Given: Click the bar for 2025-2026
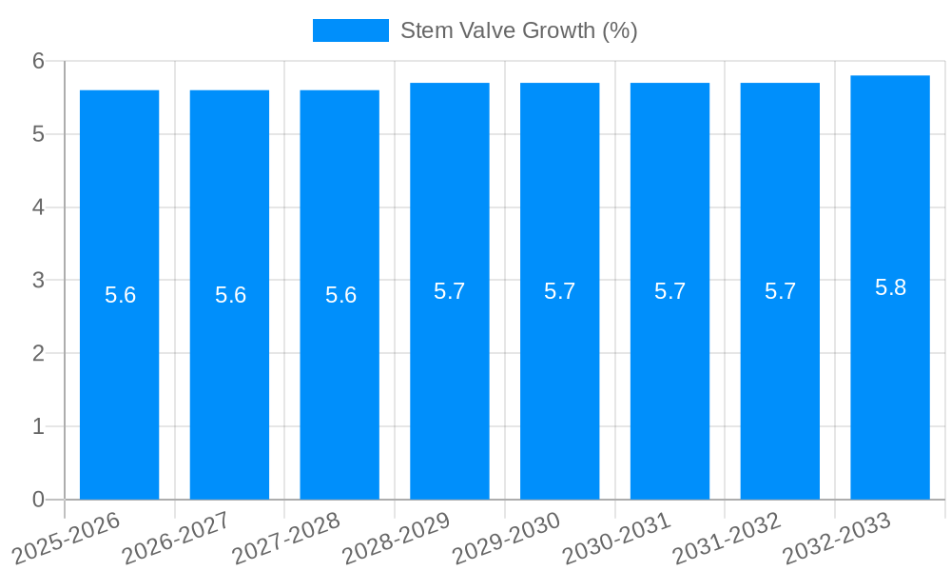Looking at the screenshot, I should (119, 381).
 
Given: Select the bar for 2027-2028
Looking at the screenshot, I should (340, 381).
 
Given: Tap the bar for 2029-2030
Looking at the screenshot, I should (559, 381).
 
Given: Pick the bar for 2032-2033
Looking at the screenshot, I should (890, 381).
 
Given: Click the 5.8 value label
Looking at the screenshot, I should (890, 287).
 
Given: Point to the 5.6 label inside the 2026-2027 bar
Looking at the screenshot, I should (230, 295).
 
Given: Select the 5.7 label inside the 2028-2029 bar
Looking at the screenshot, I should (449, 291).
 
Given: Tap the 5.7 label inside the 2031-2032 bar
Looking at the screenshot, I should (780, 291).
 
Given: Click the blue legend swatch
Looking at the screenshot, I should (350, 30).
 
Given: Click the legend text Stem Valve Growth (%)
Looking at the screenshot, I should (518, 30).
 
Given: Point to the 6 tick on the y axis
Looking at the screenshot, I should (39, 61).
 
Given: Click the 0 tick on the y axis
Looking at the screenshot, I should (39, 500).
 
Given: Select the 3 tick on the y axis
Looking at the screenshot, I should (39, 281).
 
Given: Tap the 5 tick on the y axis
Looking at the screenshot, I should (39, 134).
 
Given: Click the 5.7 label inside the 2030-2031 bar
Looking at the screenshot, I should (670, 291).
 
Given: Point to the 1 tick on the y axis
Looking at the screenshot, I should (39, 426).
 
